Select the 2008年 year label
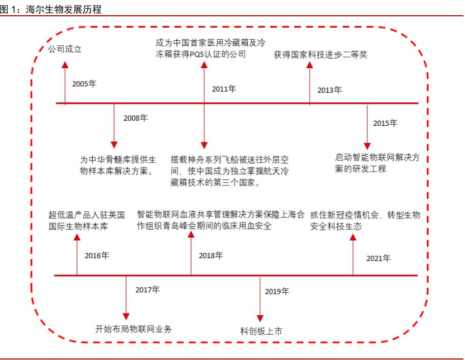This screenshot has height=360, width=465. (x=135, y=118)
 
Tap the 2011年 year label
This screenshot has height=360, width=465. (x=224, y=89)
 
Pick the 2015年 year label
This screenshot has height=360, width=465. (x=385, y=123)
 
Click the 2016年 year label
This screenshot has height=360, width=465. (x=97, y=256)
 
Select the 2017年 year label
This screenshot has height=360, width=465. (x=148, y=290)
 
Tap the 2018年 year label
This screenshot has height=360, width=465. (x=211, y=256)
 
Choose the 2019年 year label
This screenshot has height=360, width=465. (x=277, y=291)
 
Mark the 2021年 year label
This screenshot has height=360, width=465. (x=379, y=258)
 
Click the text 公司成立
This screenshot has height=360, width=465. (x=65, y=49)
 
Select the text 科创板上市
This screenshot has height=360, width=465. (x=261, y=331)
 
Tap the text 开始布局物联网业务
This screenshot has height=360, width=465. (x=134, y=328)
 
